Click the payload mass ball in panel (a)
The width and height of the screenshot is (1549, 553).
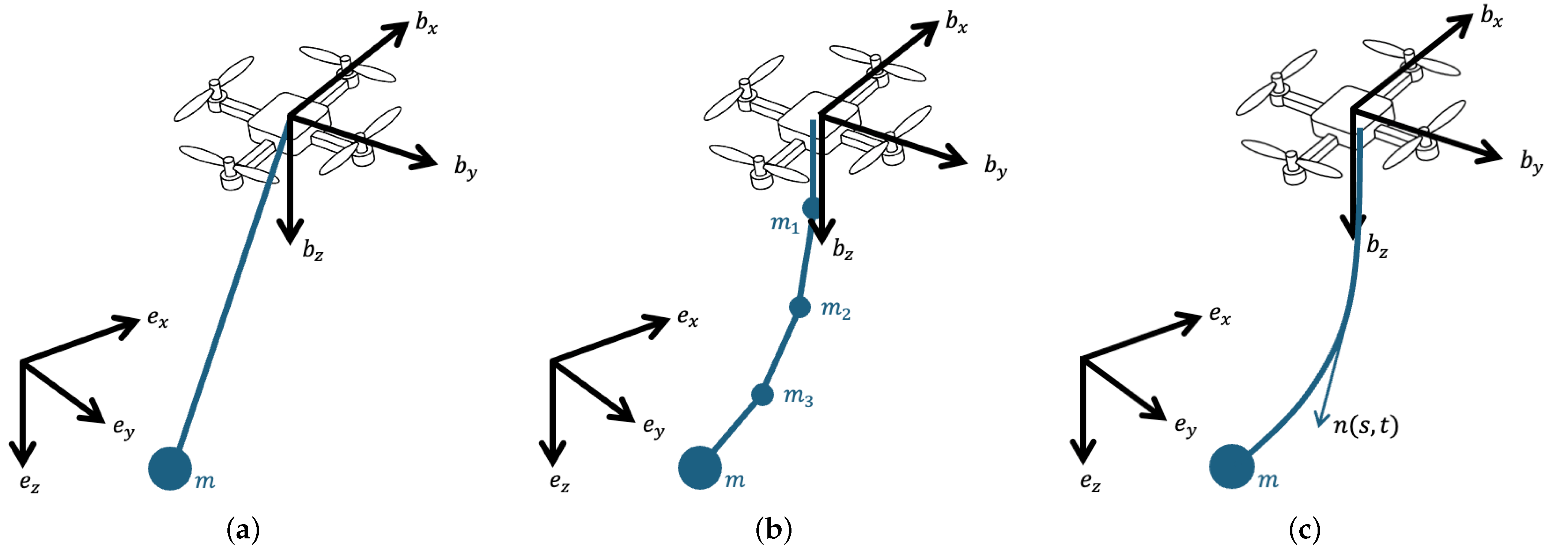(x=170, y=468)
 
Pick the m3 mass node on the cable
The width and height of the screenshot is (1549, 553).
(x=763, y=394)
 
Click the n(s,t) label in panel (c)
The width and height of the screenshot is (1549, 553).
(x=1365, y=425)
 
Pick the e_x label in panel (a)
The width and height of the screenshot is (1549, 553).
(x=158, y=319)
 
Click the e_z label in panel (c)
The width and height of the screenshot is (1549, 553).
(x=1090, y=482)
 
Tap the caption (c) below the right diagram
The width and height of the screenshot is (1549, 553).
(x=1305, y=531)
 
